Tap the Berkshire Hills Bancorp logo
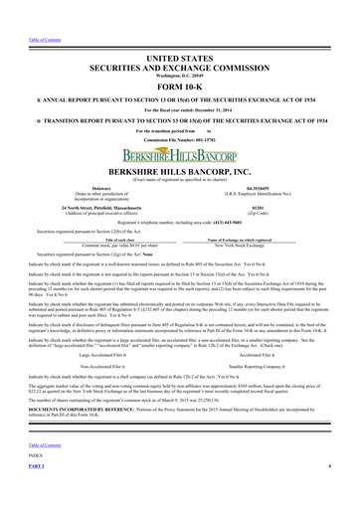180,155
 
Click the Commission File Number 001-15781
180,138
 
